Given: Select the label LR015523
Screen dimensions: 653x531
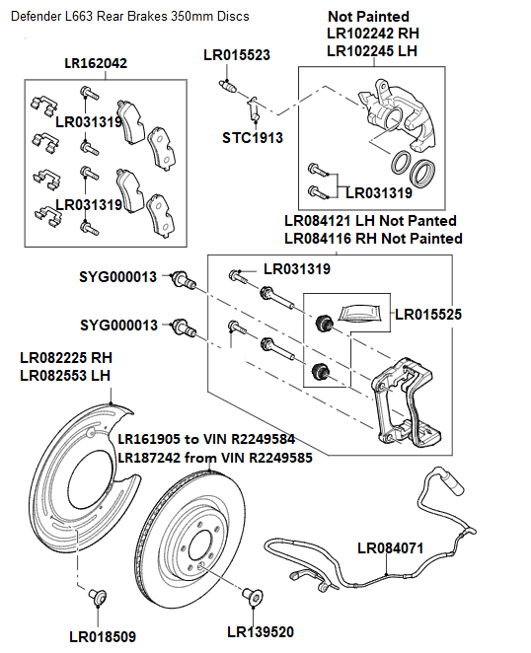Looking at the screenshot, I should pos(236,55).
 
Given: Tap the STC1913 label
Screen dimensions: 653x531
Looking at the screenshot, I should pos(252,137).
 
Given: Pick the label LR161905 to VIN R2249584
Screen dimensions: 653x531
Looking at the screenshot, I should pos(206,439).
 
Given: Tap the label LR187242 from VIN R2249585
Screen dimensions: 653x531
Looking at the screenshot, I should pos(214,458).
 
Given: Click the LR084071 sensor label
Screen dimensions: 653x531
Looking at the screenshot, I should pos(391,546).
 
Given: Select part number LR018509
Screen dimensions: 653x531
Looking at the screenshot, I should pos(103,635).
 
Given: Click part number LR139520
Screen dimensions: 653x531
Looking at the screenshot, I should pos(260,630).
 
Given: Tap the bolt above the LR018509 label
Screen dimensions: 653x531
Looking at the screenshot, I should pos(97,596).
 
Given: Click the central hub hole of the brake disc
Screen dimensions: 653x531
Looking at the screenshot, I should pos(196,548).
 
